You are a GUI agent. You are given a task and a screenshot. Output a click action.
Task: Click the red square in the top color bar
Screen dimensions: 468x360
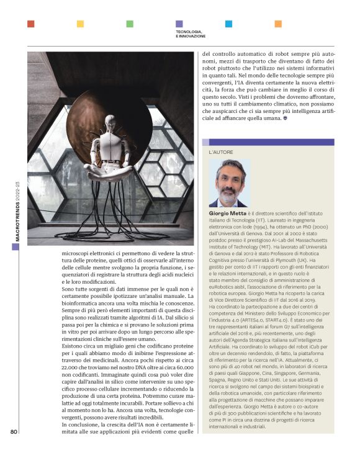(30, 24)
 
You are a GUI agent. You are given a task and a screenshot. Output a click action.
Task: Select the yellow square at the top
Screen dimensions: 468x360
(80, 24)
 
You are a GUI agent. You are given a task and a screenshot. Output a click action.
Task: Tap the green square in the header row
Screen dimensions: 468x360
(129, 24)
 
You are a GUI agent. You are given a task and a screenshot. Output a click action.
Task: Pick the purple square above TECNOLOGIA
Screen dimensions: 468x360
(179, 24)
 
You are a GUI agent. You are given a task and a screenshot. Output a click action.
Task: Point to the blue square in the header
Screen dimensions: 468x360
(228, 24)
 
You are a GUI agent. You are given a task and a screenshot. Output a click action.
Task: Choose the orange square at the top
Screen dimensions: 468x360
(277, 24)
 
